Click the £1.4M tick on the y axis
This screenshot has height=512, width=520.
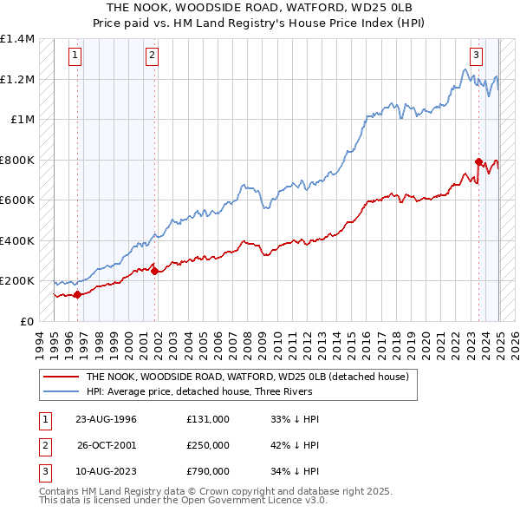pyautogui.click(x=16, y=39)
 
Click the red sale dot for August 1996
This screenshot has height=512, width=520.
pyautogui.click(x=78, y=294)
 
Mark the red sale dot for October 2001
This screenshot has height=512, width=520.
pyautogui.click(x=155, y=271)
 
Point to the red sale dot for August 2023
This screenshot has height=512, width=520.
pyautogui.click(x=478, y=161)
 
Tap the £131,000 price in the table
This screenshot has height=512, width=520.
pyautogui.click(x=207, y=419)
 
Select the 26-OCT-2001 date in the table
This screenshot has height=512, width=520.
pyautogui.click(x=107, y=445)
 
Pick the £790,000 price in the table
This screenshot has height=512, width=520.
pyautogui.click(x=207, y=471)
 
